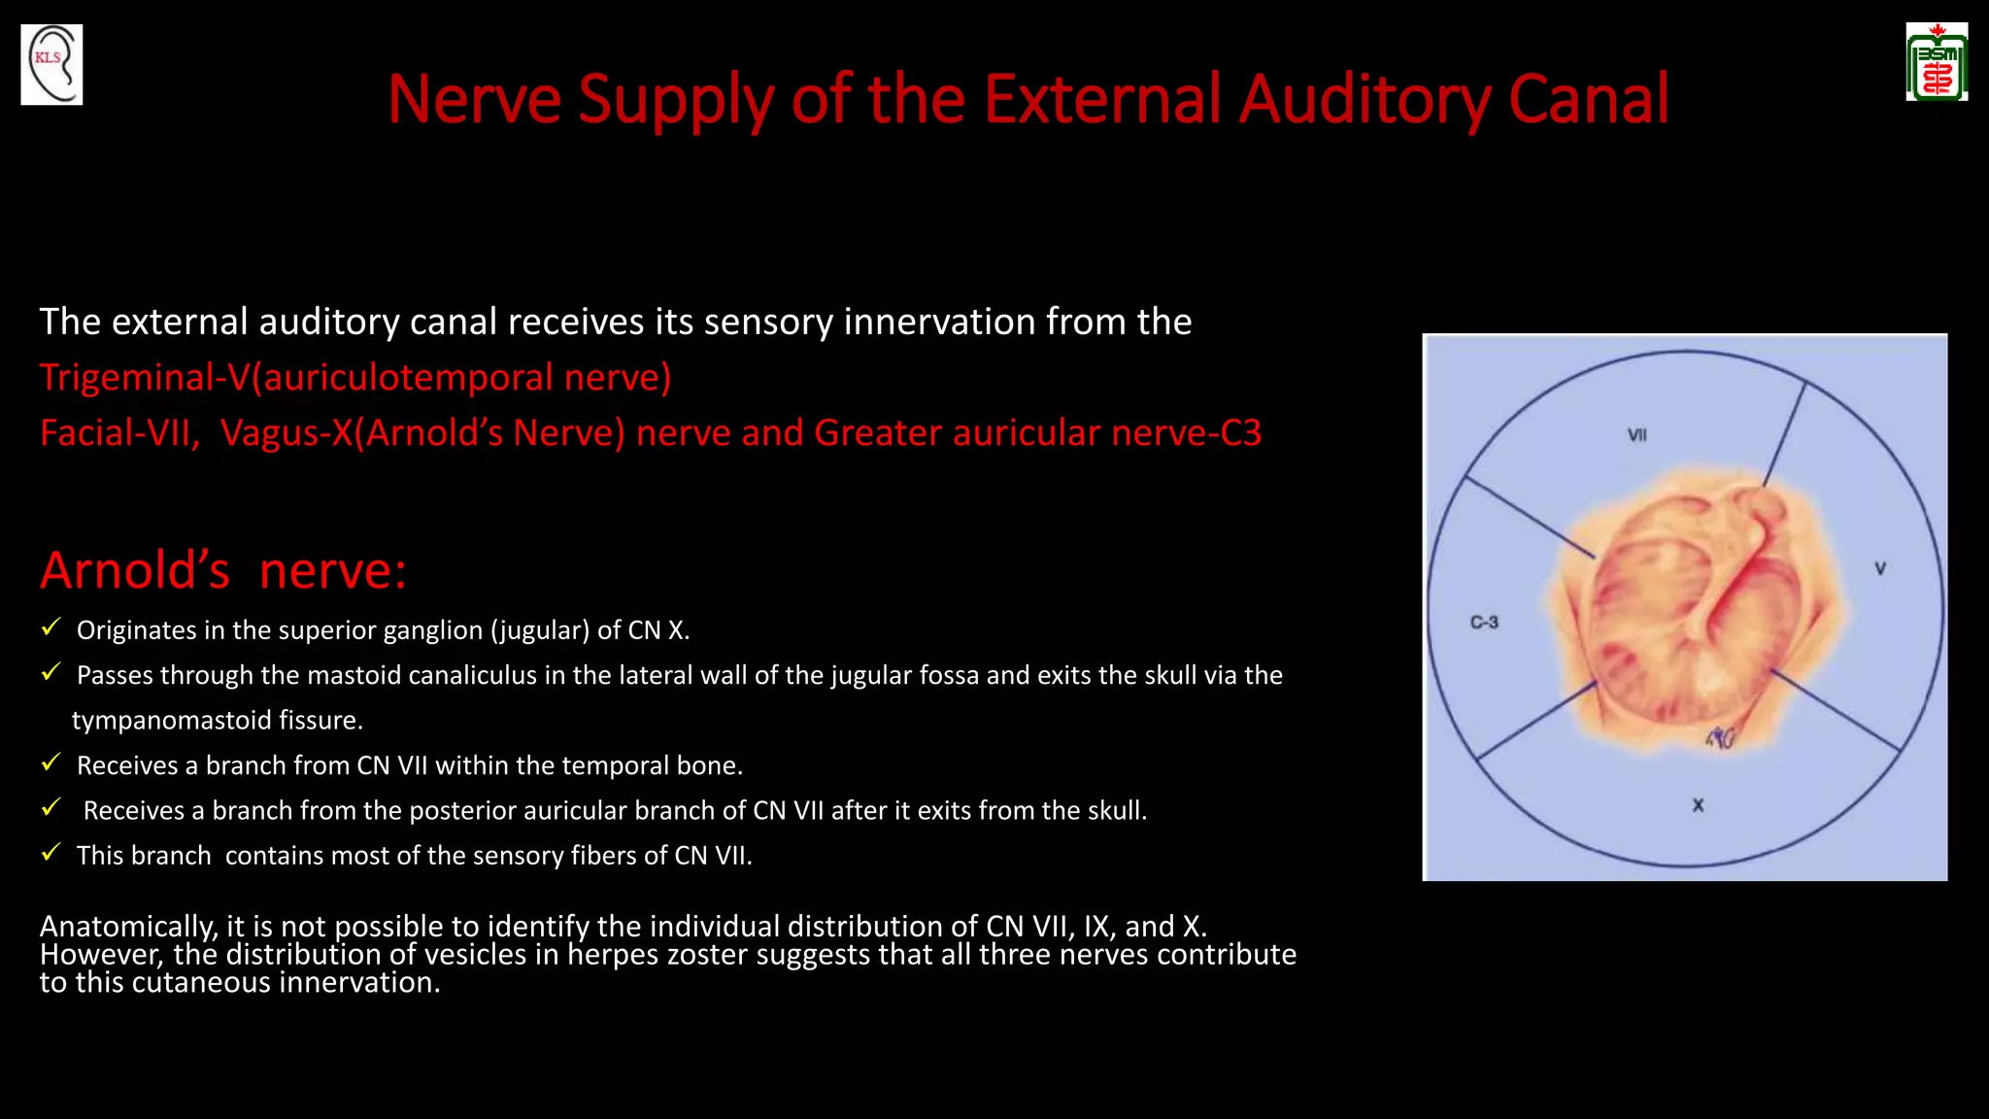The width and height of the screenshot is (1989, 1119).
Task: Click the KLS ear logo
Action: tap(51, 65)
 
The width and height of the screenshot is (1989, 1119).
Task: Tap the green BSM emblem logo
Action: tap(1937, 63)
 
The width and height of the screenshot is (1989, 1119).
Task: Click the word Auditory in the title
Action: tap(1364, 99)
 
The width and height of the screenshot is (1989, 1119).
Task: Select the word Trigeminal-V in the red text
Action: tap(145, 377)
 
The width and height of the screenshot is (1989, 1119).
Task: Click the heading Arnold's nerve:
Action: tap(223, 570)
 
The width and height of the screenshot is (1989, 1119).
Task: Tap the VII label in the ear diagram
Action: tap(1637, 435)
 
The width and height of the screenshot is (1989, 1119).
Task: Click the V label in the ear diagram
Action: tap(1880, 568)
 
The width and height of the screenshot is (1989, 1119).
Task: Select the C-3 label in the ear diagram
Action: tap(1484, 622)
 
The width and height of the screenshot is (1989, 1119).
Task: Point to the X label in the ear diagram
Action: tap(1698, 805)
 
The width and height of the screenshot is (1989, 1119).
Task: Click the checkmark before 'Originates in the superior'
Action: tap(51, 627)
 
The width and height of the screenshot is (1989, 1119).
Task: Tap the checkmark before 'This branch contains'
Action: tap(51, 853)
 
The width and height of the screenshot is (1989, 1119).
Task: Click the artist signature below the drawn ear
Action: tap(1721, 739)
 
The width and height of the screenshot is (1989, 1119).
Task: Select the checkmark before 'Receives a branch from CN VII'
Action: tap(51, 763)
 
